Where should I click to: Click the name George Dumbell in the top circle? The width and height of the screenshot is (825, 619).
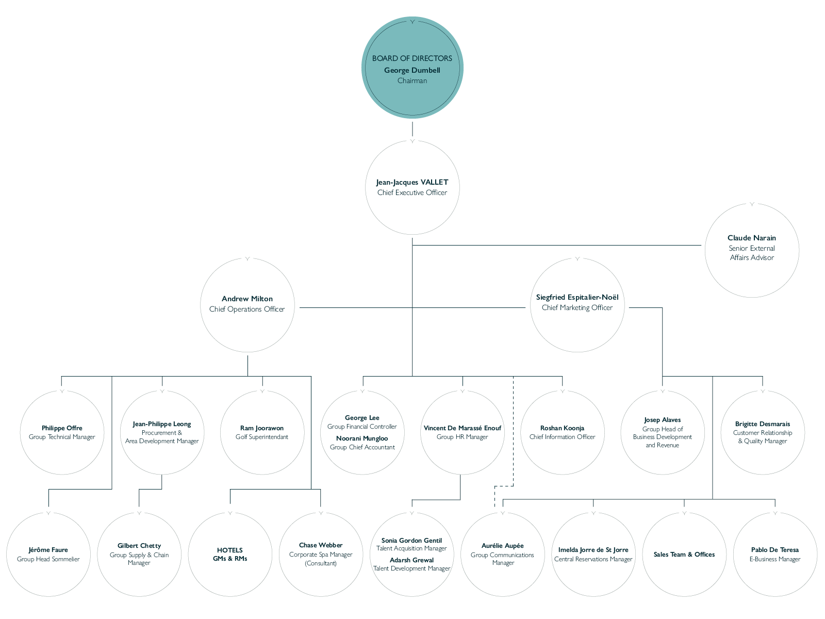412,70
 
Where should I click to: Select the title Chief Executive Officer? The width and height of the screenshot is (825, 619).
412,192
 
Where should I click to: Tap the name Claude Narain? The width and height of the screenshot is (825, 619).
751,237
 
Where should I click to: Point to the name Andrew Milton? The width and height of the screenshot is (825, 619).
247,299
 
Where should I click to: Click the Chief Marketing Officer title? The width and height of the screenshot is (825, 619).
577,307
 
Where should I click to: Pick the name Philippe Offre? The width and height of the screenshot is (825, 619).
62,428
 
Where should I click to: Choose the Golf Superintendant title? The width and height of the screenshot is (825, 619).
261,437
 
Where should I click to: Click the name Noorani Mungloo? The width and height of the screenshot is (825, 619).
362,438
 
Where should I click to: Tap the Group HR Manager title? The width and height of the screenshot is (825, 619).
462,437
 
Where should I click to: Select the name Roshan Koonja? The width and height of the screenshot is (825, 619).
562,428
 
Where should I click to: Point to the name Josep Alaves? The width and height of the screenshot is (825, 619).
662,420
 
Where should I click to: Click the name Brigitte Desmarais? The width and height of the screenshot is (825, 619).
762,424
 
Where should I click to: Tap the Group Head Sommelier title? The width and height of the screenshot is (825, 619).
48,559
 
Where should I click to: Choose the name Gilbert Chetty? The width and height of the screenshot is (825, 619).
139,545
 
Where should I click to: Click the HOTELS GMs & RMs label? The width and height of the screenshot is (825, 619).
229,555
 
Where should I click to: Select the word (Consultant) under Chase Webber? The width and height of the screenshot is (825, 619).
321,563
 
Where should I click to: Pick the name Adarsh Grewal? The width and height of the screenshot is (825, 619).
411,560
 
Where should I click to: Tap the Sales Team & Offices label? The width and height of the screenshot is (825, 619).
684,555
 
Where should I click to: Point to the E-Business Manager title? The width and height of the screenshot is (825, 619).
774,559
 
